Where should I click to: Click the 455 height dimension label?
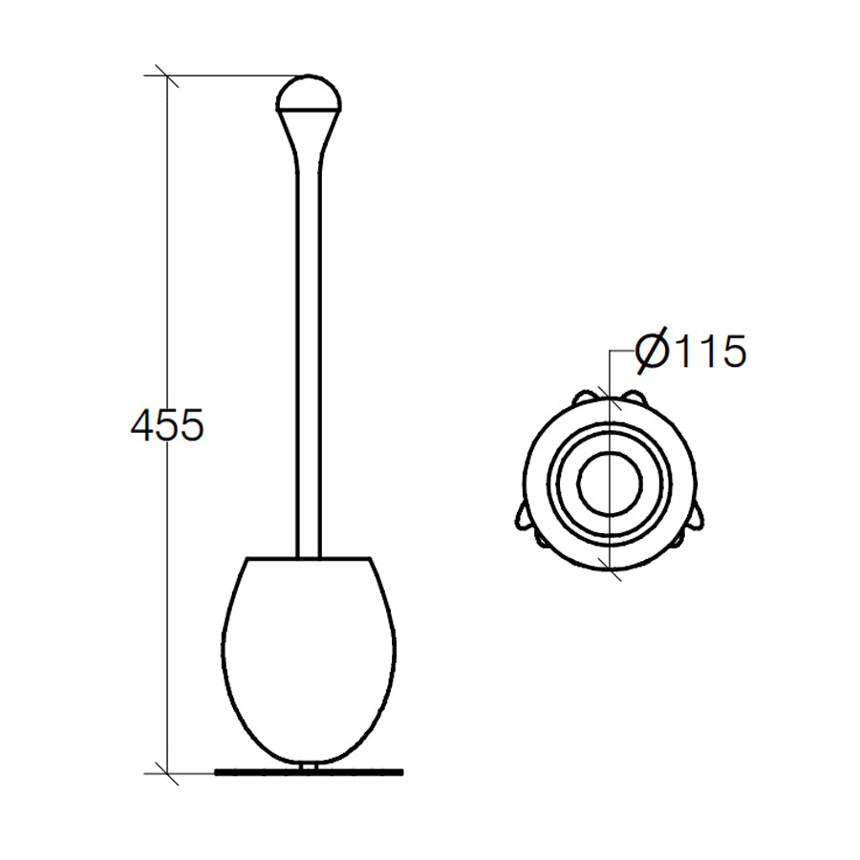click(x=167, y=425)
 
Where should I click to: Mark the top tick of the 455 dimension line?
click(x=167, y=76)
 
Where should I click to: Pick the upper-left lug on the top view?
click(x=582, y=396)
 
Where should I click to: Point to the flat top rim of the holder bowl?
click(x=308, y=558)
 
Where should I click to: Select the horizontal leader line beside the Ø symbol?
click(x=622, y=353)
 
